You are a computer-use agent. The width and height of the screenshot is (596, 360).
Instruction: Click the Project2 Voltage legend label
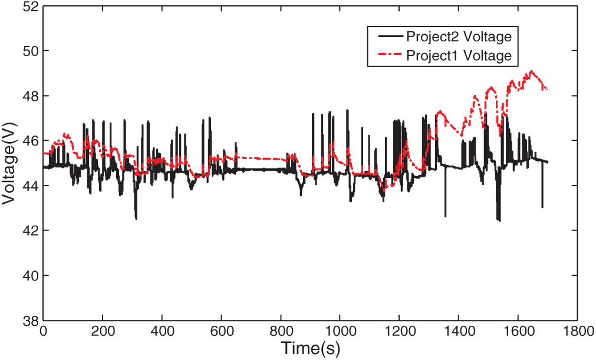point(459,37)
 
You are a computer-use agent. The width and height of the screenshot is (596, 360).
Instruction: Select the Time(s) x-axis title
point(310,348)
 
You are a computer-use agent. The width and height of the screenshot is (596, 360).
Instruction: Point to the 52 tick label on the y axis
point(30,6)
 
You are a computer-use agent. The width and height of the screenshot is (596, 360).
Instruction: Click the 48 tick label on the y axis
point(30,96)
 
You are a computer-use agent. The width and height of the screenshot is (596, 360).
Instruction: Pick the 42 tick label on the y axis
point(30,230)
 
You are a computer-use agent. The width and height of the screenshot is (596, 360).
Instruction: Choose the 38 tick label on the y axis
point(30,320)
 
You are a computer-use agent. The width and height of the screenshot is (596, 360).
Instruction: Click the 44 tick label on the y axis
point(30,186)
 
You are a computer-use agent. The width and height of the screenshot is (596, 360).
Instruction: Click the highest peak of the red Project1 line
point(532,71)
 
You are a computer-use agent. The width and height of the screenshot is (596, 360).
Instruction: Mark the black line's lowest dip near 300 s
point(136,219)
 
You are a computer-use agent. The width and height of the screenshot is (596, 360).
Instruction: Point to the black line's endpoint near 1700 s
point(548,162)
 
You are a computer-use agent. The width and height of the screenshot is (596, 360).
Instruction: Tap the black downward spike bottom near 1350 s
point(446,216)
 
